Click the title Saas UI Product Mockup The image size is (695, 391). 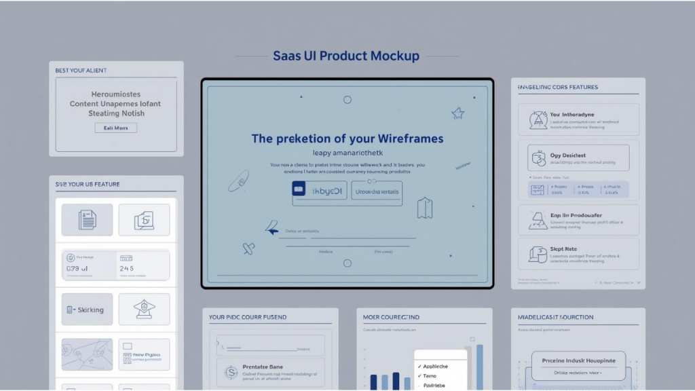point(346,56)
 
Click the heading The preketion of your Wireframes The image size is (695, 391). point(347,138)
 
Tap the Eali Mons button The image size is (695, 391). point(115,128)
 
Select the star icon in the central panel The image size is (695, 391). point(458,113)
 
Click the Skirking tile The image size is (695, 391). point(87,310)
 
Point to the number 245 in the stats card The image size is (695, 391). point(127,269)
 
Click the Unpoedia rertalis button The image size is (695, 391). point(376,192)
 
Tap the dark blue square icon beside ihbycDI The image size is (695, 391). point(299,189)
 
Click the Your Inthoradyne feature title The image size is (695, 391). point(572,115)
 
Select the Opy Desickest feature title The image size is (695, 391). point(568,155)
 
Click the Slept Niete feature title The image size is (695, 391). point(563,249)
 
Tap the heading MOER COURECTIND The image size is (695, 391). point(391,317)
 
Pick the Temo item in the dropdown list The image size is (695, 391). point(430,375)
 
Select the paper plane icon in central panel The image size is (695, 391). point(272,228)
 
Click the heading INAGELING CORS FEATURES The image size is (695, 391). point(557,88)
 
